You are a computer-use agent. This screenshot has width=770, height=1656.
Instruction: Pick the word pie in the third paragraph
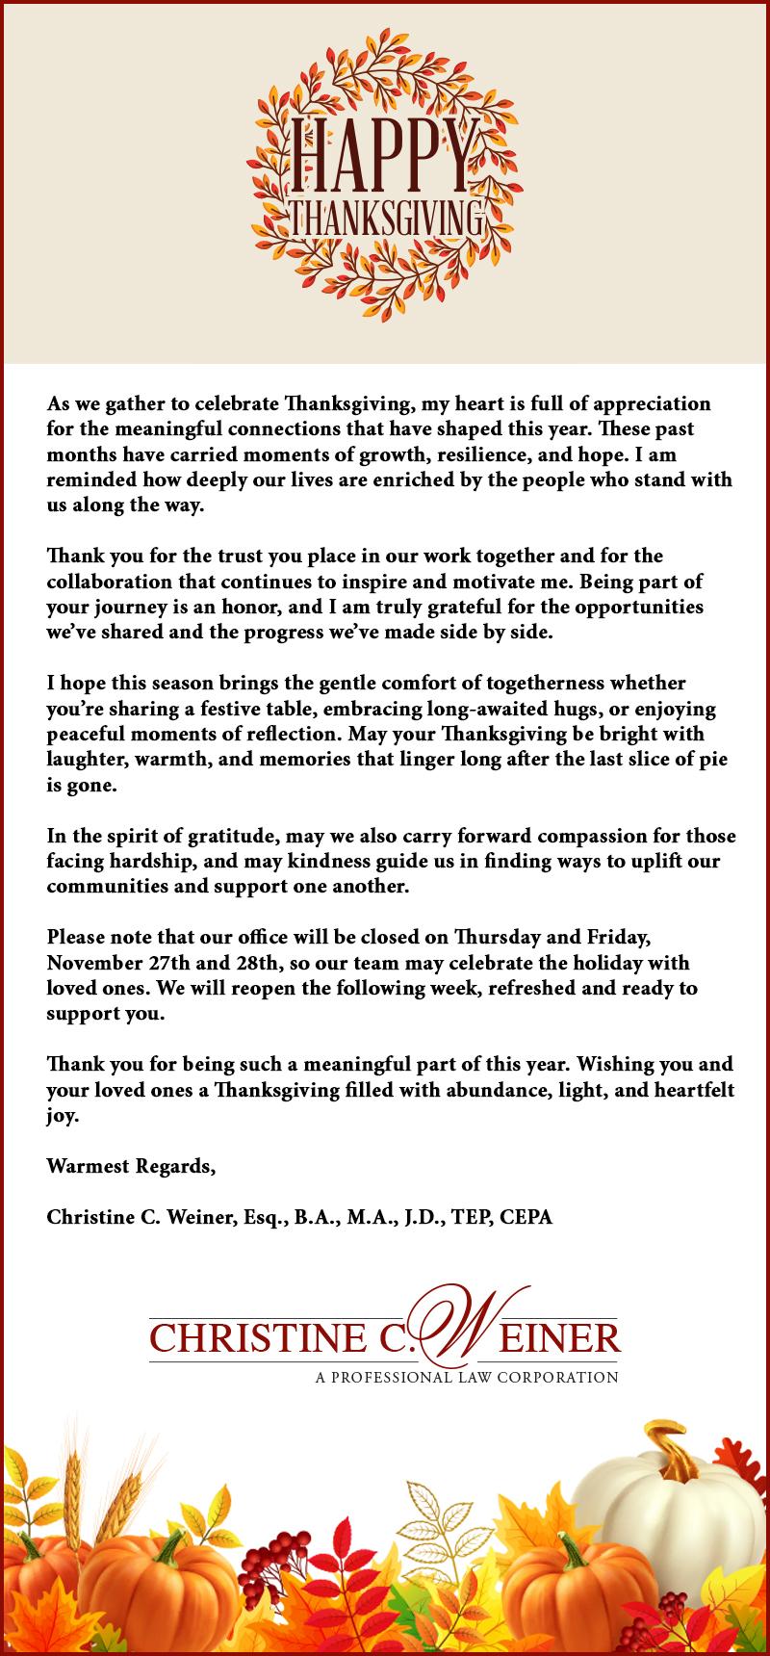(712, 759)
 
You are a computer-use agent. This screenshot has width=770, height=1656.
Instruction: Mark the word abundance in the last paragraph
(500, 1091)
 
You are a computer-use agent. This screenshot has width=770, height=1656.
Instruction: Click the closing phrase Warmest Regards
(131, 1167)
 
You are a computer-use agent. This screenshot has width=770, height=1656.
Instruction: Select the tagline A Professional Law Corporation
(467, 1378)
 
